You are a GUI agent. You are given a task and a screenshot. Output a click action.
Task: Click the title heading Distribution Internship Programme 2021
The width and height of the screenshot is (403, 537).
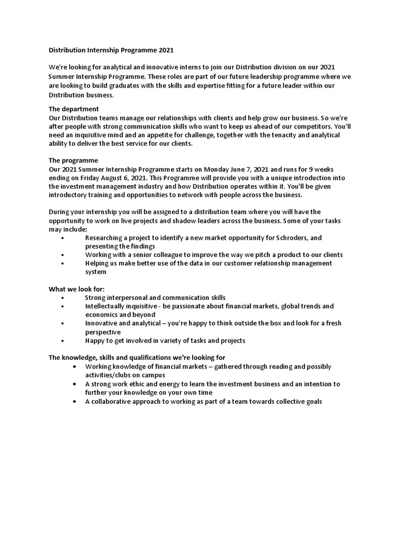point(111,51)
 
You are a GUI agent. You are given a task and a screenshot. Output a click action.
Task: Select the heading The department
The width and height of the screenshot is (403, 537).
point(73,109)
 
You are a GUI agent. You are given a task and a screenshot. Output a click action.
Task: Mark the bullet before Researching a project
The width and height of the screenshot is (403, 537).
point(62,238)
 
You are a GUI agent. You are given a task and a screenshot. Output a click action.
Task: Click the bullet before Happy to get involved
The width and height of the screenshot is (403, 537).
point(62,341)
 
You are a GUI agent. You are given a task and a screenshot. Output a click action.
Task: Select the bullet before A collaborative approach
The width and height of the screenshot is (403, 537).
point(77,402)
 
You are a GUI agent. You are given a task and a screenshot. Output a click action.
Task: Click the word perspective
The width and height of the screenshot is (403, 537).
point(103,332)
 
